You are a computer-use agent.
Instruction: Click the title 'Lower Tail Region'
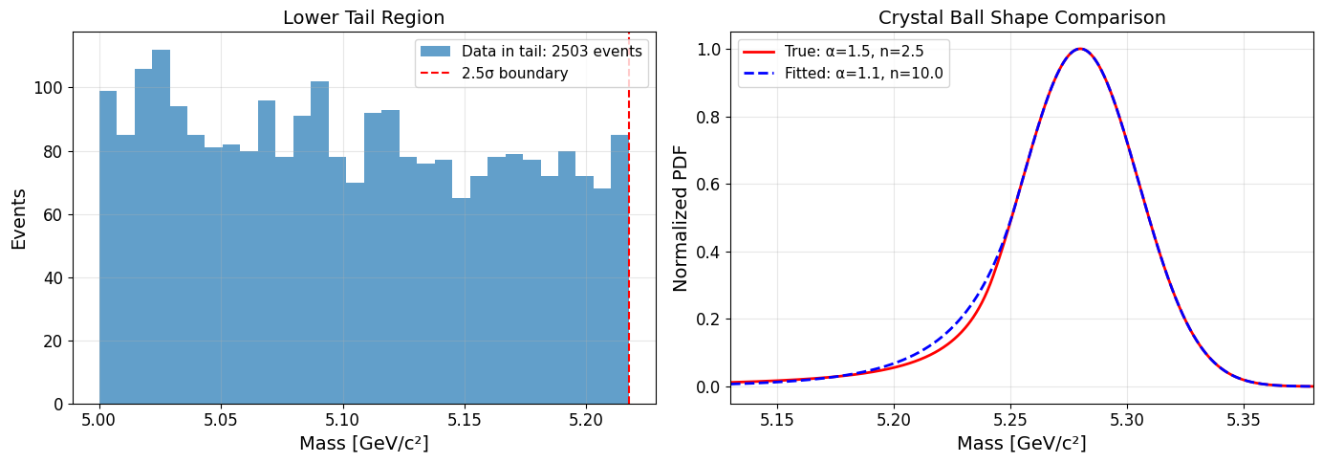pyautogui.click(x=363, y=17)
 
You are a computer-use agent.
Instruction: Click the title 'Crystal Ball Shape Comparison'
pyautogui.click(x=1021, y=17)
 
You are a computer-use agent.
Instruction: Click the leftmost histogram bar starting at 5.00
pyautogui.click(x=108, y=249)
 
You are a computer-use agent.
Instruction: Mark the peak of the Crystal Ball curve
pyautogui.click(x=1079, y=49)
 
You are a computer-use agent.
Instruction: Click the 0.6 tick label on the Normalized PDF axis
pyautogui.click(x=710, y=185)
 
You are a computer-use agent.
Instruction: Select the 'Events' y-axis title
pyautogui.click(x=19, y=219)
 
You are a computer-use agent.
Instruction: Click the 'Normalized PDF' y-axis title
pyautogui.click(x=681, y=219)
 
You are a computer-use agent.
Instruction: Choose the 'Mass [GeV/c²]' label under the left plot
pyautogui.click(x=363, y=444)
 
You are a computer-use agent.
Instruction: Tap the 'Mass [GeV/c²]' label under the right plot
pyautogui.click(x=1021, y=444)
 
